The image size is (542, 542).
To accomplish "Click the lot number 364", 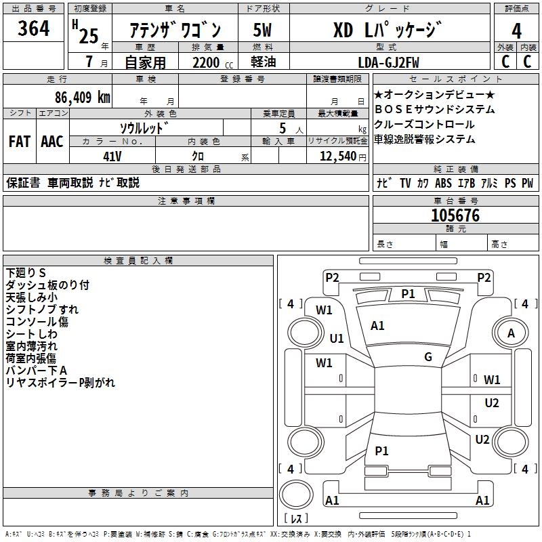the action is pos(33,29).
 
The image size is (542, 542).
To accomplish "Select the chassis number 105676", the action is pos(455,215).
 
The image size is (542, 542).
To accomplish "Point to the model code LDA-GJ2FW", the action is pos(389,62).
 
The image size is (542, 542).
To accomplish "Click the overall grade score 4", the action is pos(517,31).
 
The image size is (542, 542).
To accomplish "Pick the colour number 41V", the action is pos(112,155).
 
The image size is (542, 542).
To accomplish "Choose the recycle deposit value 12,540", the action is pos(336,156).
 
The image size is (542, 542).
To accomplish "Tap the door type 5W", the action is pos(262,30).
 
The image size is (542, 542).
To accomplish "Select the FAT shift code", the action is pos(19,142).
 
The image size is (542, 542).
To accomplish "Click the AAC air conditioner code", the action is pos(52,142).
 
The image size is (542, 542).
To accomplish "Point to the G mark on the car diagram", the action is pos(428,357).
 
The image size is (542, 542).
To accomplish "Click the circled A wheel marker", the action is pos(512,333).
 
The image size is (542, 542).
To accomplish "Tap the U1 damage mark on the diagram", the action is pos(337,338).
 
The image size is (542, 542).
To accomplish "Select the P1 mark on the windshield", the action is pos(408,293).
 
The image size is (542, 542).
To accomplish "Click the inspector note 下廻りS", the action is pos(26,273).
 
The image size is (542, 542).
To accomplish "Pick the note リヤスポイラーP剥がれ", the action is pos(60,383).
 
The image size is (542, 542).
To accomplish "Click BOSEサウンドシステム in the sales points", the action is pos(434,110).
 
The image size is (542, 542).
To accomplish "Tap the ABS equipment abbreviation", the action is pos(443,184).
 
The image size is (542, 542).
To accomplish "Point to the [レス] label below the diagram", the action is pos(295,518).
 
